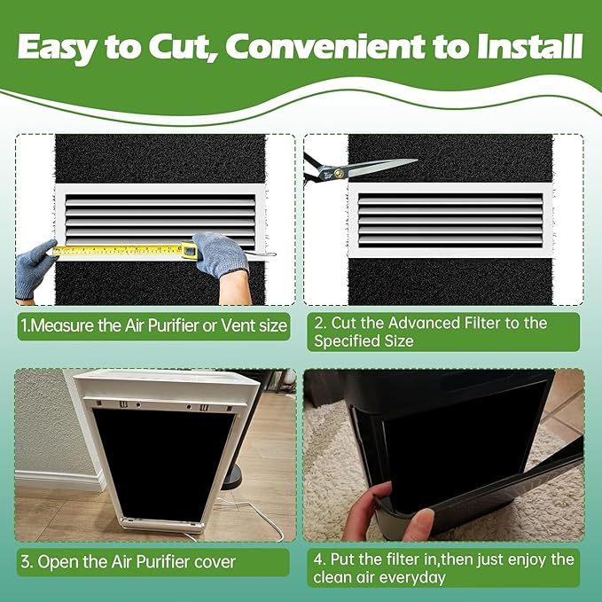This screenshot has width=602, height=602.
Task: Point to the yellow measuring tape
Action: pos(124,251)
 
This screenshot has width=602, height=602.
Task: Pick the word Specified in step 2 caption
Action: pos(352,341)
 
